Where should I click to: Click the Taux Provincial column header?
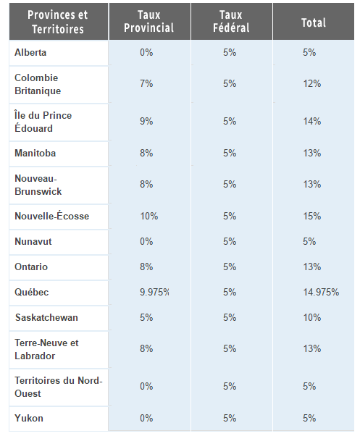pos(149,22)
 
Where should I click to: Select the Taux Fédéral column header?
pos(231,22)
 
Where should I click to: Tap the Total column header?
pos(314,22)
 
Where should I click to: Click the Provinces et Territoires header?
pos(58,22)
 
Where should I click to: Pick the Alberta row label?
pos(30,52)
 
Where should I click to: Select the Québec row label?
pos(31,292)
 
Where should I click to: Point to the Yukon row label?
pos(29,418)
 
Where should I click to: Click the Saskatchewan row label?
pos(46,317)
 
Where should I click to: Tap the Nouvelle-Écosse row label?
pos(51,216)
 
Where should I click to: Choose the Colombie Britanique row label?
pos(38,84)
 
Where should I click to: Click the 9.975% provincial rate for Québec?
pos(154,292)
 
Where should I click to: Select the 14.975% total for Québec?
pos(321,292)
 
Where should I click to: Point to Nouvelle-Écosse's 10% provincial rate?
pos(149,216)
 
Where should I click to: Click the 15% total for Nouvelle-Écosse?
pos(312,216)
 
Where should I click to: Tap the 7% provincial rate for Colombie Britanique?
pos(146,83)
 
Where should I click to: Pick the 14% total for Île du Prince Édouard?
pos(312,121)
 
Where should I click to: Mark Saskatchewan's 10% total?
pos(312,317)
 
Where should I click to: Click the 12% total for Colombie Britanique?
pos(312,83)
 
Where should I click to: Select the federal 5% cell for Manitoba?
pos(230,153)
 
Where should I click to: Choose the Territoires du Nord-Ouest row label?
pos(59,387)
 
